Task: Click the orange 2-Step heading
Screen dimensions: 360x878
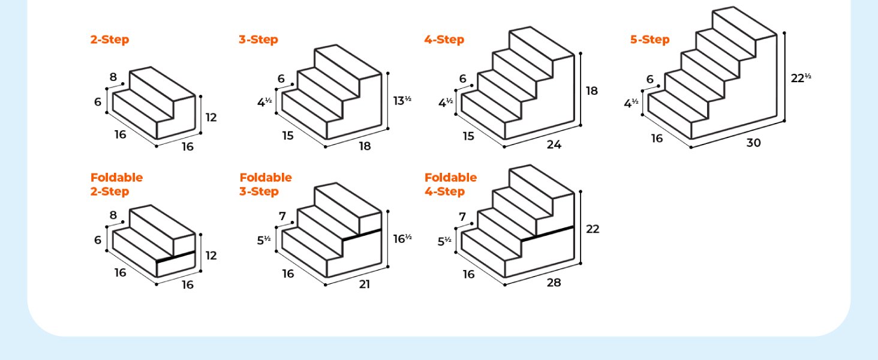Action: pyautogui.click(x=110, y=40)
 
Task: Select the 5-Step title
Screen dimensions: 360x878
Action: pyautogui.click(x=650, y=40)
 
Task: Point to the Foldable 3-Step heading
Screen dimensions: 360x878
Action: pyautogui.click(x=265, y=185)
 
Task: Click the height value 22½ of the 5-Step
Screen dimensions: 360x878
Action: pyautogui.click(x=800, y=77)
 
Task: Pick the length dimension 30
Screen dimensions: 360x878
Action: pyautogui.click(x=753, y=143)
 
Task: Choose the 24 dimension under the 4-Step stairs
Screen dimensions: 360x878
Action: pyautogui.click(x=554, y=145)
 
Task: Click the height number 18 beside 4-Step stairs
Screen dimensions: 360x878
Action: pyautogui.click(x=592, y=91)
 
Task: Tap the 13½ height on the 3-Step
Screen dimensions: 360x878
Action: pyautogui.click(x=402, y=101)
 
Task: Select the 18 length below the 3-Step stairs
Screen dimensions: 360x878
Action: pyautogui.click(x=364, y=146)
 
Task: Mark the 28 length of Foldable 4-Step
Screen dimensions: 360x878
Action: pyautogui.click(x=554, y=283)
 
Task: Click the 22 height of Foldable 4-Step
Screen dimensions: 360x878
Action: pyautogui.click(x=593, y=229)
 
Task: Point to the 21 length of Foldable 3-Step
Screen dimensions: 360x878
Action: pyautogui.click(x=364, y=284)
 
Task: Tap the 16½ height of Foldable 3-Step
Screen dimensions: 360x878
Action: pyautogui.click(x=402, y=239)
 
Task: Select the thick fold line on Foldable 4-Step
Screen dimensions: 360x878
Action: pyautogui.click(x=548, y=233)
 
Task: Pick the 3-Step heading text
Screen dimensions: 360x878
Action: pyautogui.click(x=258, y=40)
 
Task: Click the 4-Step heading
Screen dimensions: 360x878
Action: pyautogui.click(x=444, y=40)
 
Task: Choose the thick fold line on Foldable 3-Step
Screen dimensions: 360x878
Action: pyautogui.click(x=362, y=235)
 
